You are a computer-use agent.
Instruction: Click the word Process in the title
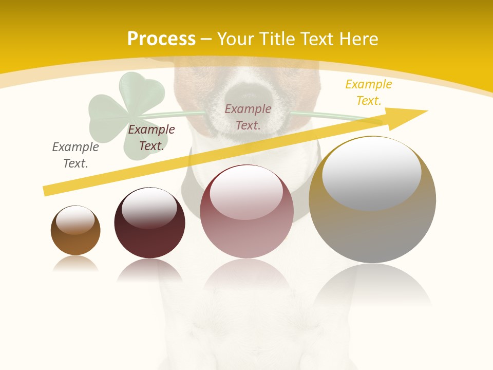click(x=161, y=39)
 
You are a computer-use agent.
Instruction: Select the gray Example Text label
click(x=75, y=155)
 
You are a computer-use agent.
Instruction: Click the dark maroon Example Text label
click(x=151, y=138)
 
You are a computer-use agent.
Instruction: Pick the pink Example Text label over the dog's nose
click(x=248, y=117)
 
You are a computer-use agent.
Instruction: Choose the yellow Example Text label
click(x=369, y=92)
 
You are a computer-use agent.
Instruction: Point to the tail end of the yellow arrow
click(x=47, y=191)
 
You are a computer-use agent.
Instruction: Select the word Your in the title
click(x=235, y=39)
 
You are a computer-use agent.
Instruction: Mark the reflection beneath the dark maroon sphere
click(x=149, y=271)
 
